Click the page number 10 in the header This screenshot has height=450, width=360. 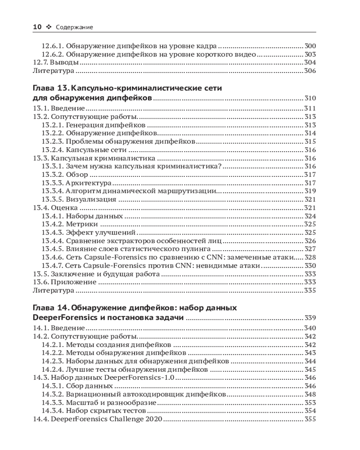(37, 27)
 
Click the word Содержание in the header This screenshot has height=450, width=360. (74, 27)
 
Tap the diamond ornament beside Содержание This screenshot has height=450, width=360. (49, 27)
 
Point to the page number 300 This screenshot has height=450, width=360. (310, 45)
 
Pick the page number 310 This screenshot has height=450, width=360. (310, 99)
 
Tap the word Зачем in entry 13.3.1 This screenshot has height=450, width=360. (76, 166)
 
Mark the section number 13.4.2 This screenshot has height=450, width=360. (52, 224)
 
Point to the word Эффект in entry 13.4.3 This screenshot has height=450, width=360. (78, 232)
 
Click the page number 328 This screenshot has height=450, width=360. (310, 257)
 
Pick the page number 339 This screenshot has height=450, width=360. (310, 318)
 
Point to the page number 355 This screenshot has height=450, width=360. (310, 419)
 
